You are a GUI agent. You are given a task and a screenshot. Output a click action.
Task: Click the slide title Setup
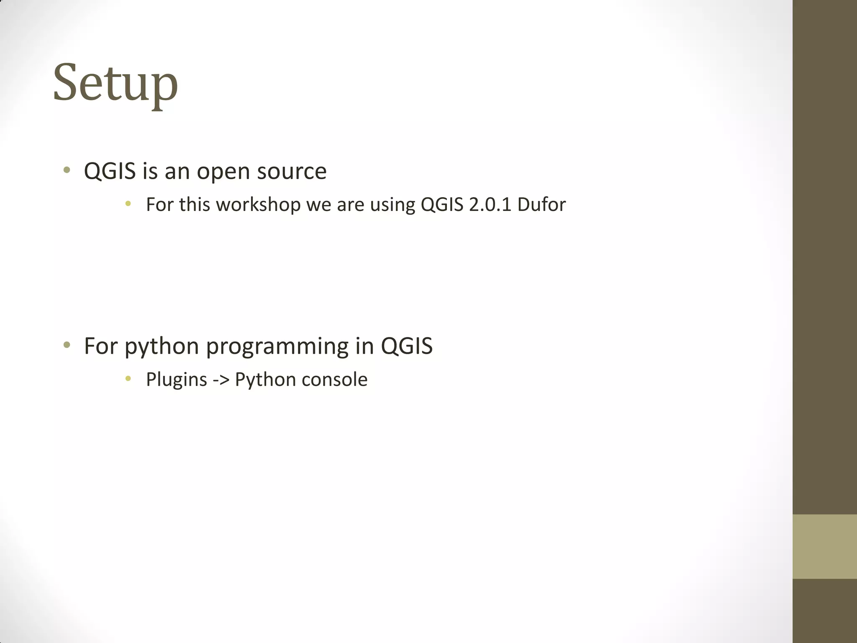coord(115,82)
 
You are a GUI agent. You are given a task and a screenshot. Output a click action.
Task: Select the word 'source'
coord(292,172)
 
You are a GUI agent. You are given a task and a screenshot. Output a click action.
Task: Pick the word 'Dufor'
coord(541,205)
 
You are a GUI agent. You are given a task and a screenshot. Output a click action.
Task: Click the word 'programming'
coord(277,347)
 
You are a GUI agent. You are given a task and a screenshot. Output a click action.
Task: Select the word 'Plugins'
coord(177,380)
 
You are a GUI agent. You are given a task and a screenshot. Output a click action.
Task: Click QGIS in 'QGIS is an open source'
coord(110,172)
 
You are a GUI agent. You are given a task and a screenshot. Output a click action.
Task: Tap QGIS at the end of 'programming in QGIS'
coord(406,346)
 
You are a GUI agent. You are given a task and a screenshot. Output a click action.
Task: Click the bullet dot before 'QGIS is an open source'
coord(67,170)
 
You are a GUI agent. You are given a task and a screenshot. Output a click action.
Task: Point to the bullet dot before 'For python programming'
coord(67,345)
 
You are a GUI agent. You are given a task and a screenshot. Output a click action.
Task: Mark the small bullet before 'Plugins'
coord(128,379)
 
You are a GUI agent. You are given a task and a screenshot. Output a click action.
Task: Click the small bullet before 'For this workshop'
coord(128,204)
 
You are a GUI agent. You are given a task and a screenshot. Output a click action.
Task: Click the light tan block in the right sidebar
coord(824,546)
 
